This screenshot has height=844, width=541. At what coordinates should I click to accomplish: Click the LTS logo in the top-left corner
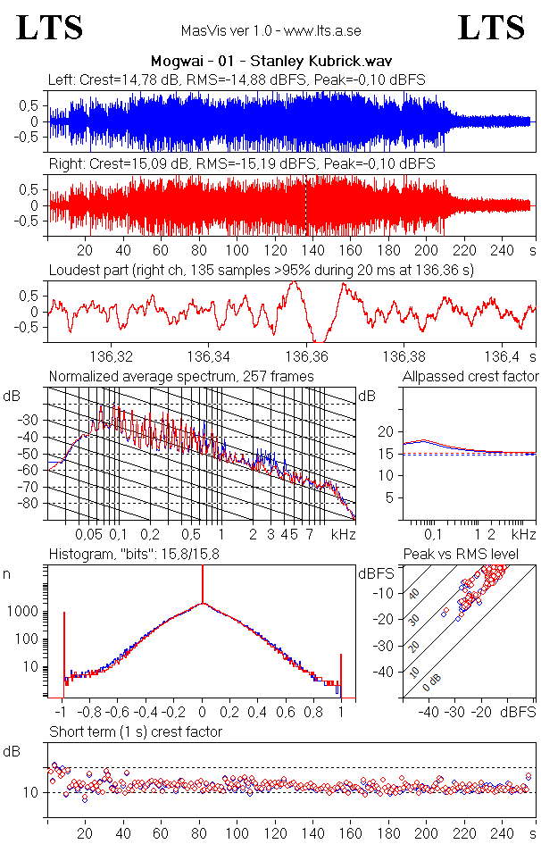click(50, 29)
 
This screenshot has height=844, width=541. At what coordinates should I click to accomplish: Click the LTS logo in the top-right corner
click(491, 29)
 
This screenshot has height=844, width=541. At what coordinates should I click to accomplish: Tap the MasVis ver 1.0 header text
click(270, 31)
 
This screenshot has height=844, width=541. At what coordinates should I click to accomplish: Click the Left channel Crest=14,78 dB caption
click(237, 80)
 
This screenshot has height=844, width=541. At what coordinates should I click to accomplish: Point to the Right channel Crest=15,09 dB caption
click(241, 164)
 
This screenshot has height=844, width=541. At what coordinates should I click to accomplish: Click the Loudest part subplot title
click(261, 269)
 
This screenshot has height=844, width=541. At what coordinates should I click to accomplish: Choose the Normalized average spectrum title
click(181, 377)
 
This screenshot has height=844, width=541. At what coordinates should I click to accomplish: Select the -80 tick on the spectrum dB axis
click(32, 504)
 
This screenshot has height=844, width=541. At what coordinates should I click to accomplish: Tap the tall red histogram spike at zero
click(203, 589)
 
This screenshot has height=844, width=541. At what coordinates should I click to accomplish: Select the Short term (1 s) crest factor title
click(135, 732)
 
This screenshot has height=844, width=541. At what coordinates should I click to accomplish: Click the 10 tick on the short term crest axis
click(29, 792)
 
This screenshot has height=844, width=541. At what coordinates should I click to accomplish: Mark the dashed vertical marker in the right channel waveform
click(305, 205)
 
